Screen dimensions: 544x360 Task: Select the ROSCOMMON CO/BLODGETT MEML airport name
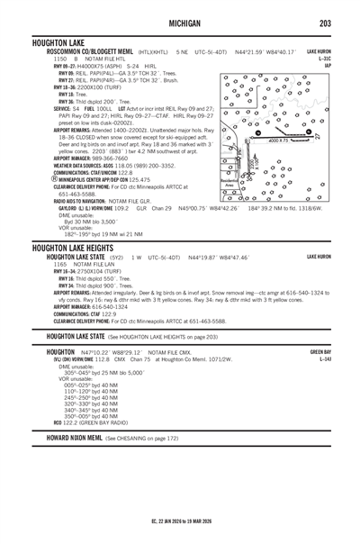tap(85, 52)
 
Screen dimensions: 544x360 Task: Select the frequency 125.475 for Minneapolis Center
tap(123, 180)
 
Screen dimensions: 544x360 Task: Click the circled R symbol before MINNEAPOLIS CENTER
tap(56, 180)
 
